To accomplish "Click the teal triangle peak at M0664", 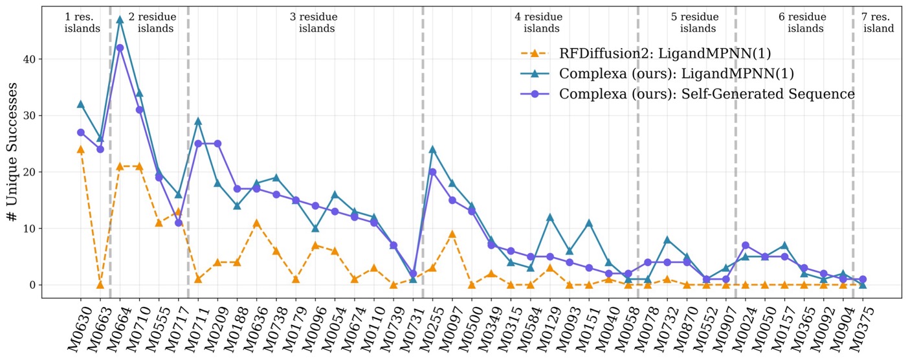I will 120,20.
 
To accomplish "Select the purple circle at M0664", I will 120,48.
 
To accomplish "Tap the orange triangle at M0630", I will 81,150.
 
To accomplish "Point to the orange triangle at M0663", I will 100,284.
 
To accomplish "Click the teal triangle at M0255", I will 432,150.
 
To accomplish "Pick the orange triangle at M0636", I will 256,223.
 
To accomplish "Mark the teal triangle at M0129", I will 550,218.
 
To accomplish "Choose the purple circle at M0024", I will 746,245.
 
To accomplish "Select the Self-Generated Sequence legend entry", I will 707,94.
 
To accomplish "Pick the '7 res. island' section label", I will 878,23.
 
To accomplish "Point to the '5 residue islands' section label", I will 694,23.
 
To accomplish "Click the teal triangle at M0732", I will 667,240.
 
